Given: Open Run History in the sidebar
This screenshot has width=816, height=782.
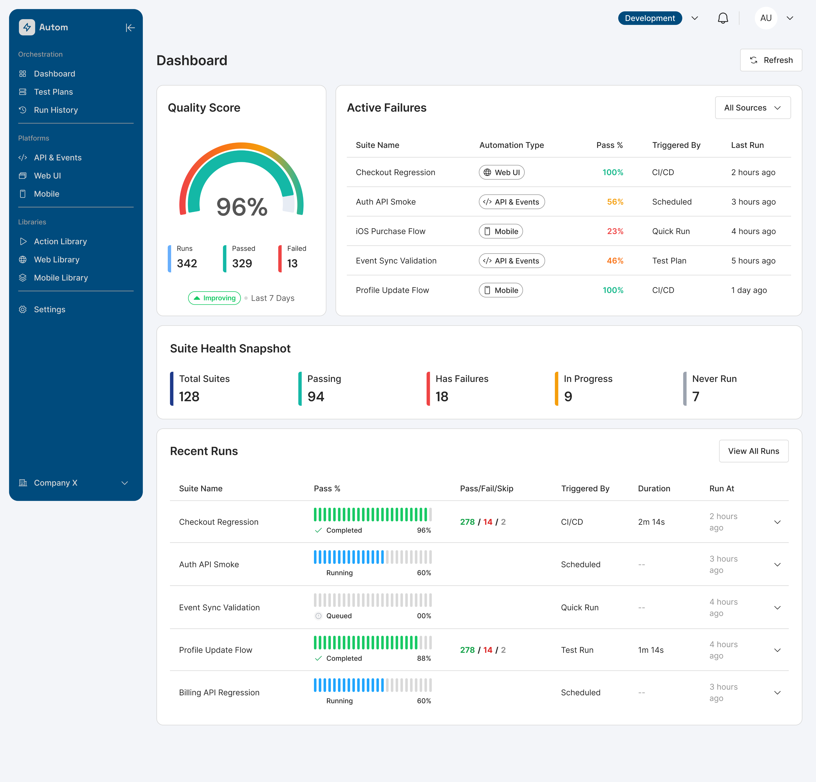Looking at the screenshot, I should tap(56, 110).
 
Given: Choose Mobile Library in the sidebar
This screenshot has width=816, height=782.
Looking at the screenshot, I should tap(61, 278).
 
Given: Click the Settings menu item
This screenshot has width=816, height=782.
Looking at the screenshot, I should tap(50, 309).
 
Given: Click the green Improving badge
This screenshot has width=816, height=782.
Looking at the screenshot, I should tap(214, 298).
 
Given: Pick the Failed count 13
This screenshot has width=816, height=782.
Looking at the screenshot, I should tap(292, 263).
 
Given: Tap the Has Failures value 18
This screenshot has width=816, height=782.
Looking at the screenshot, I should tap(442, 396).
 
